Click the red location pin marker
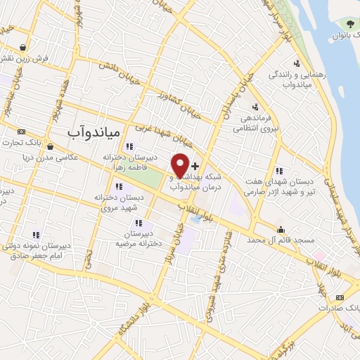coord(180,165)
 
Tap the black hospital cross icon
coord(195,165)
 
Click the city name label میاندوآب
coord(94,131)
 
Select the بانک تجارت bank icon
coord(21,131)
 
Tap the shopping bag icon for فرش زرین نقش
coord(24,48)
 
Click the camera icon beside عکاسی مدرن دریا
coord(28,157)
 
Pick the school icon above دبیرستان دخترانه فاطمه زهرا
coord(129,146)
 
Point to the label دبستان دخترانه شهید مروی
coord(120,203)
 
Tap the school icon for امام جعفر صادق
coord(36,236)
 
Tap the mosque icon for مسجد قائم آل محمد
coord(281,229)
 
